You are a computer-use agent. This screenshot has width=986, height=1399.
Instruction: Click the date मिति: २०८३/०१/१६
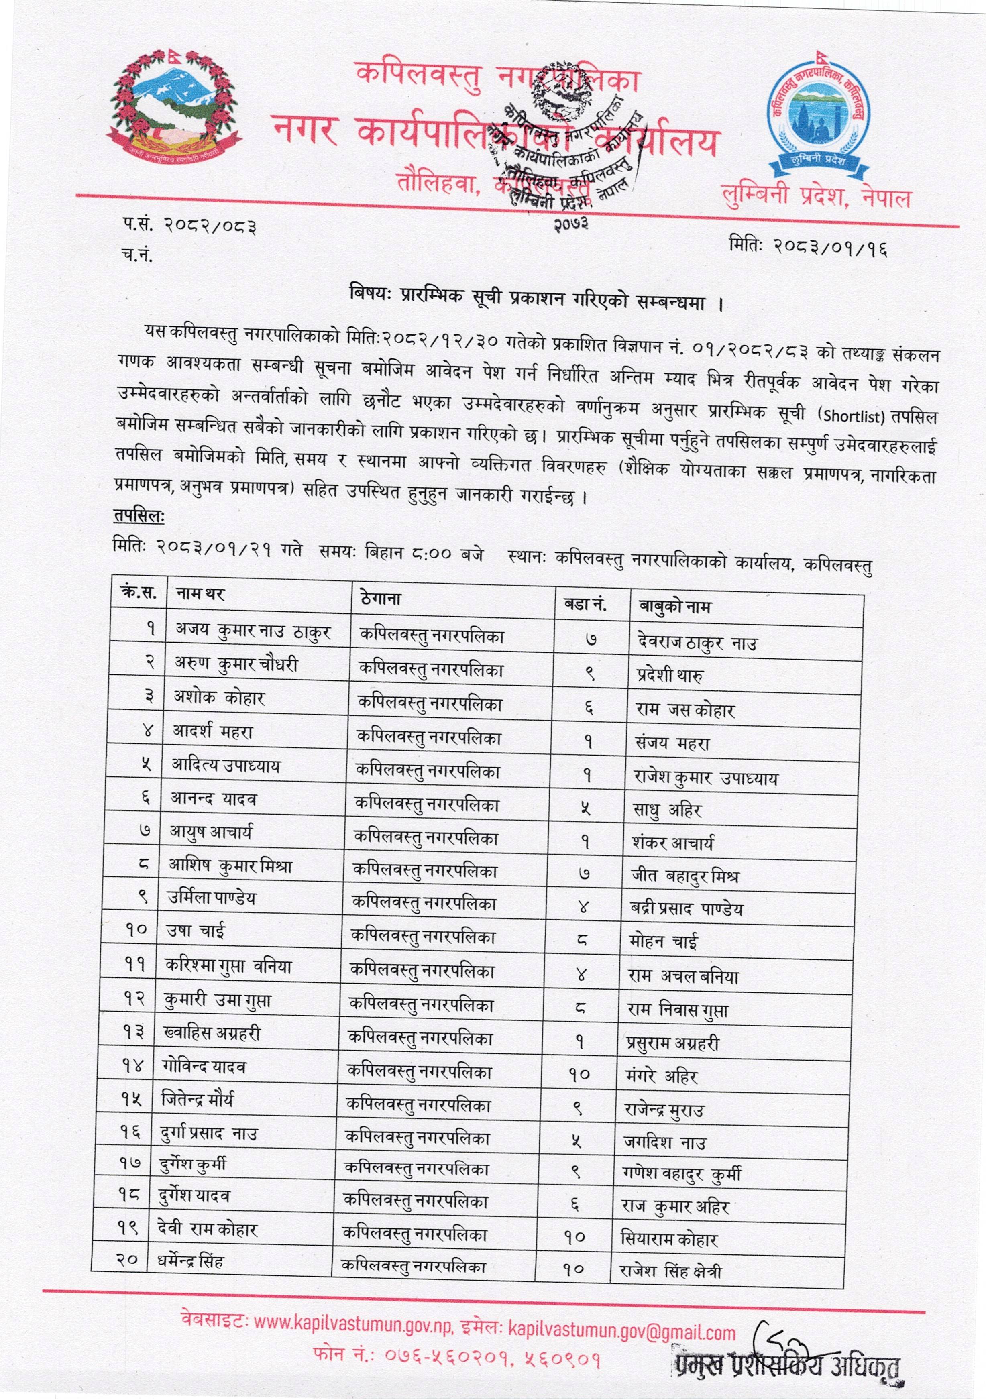pyautogui.click(x=807, y=247)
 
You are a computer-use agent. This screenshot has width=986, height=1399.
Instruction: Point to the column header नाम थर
pyautogui.click(x=200, y=593)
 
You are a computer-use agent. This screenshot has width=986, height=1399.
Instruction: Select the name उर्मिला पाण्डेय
pyautogui.click(x=212, y=898)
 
